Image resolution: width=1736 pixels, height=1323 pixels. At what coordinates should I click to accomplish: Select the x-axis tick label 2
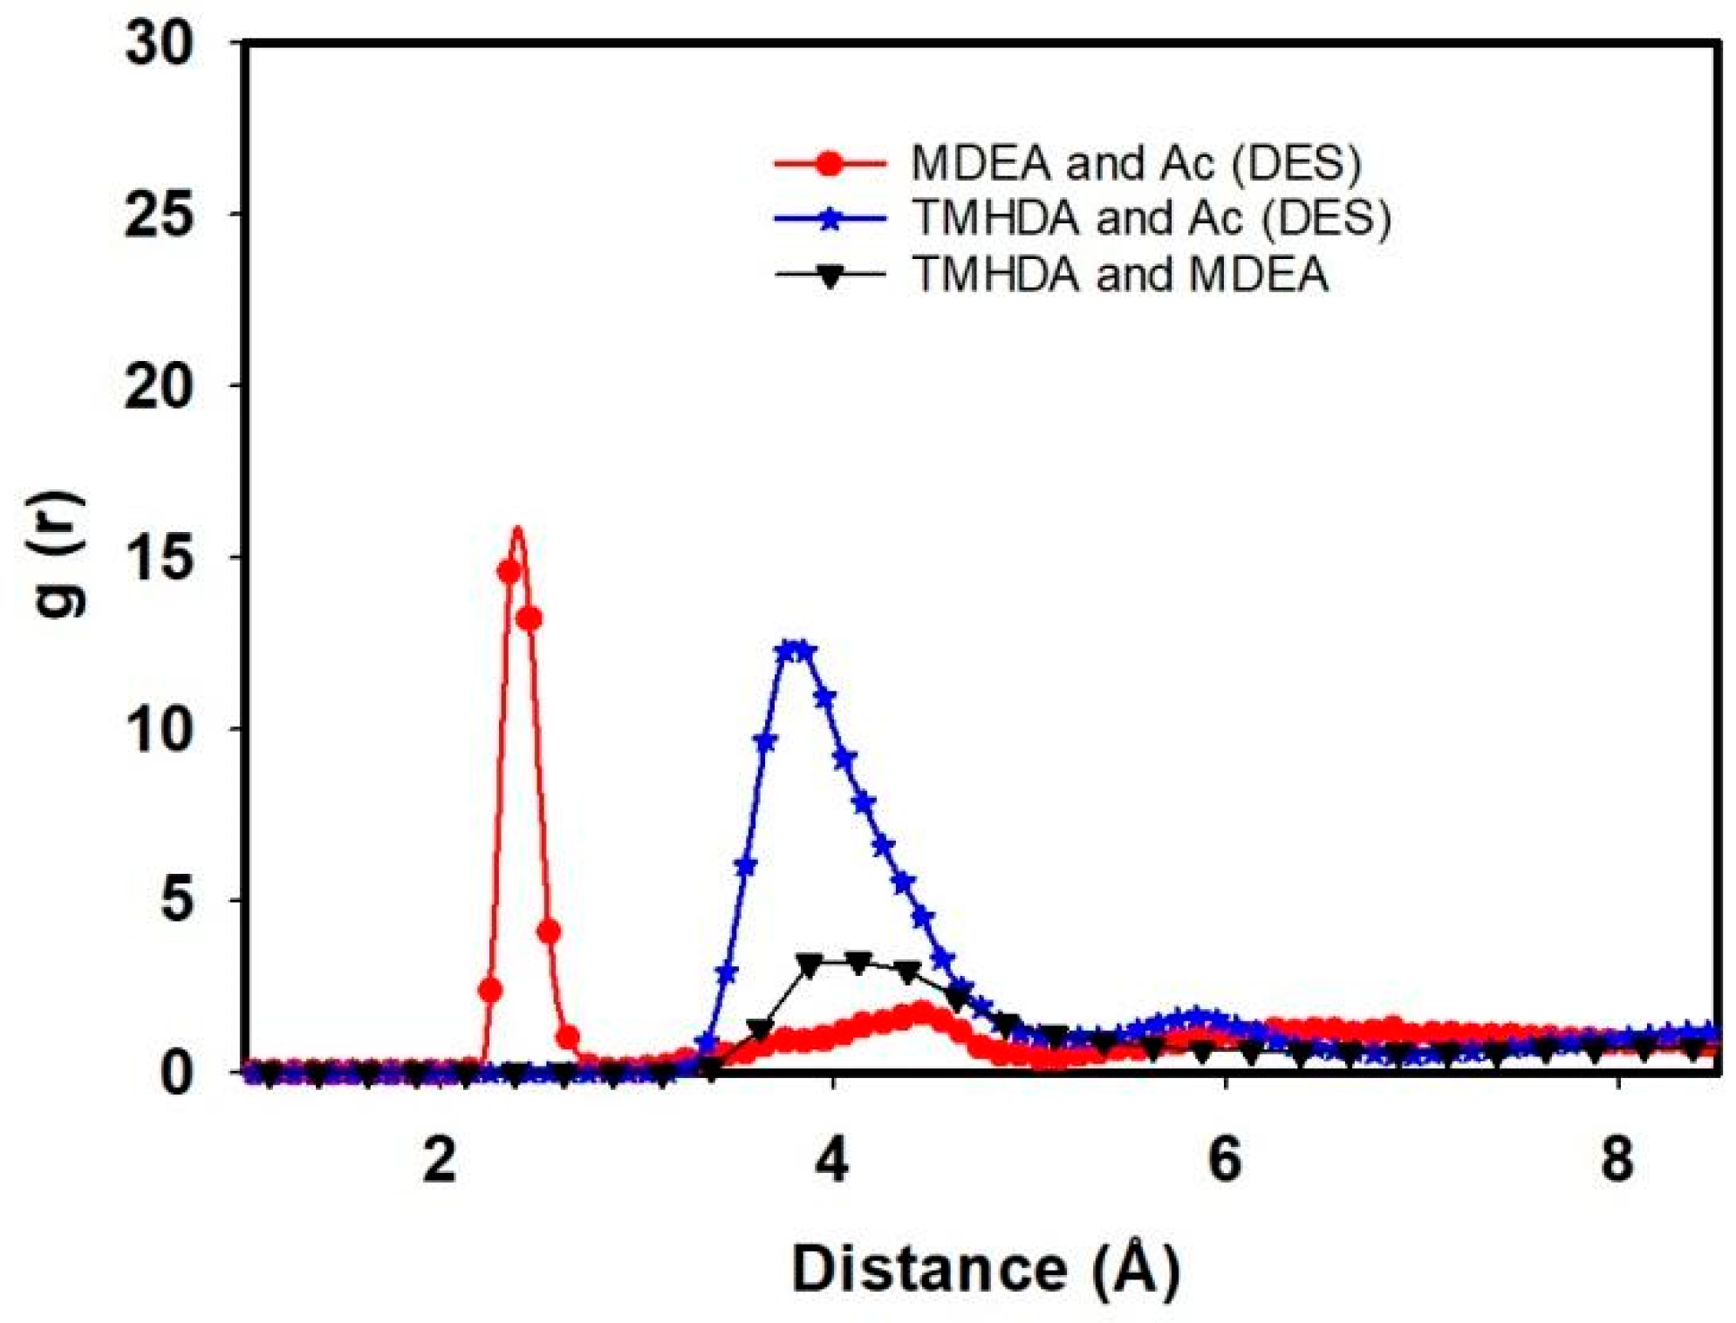440,1161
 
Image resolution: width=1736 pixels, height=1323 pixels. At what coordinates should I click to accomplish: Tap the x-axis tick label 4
832,1161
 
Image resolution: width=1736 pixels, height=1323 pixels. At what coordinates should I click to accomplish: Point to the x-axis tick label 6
1225,1161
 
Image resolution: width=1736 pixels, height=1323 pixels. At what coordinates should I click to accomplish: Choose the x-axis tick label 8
1617,1161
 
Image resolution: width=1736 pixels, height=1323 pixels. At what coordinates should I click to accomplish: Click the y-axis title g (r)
59,555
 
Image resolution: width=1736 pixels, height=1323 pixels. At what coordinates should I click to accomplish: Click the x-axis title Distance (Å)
986,1269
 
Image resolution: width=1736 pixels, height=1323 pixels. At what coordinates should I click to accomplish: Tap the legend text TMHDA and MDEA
1120,275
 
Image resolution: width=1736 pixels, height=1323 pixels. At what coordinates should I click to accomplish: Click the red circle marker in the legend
830,163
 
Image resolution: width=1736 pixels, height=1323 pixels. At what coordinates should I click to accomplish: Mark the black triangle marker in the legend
830,276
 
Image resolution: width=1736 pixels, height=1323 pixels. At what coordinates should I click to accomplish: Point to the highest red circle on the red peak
509,572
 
